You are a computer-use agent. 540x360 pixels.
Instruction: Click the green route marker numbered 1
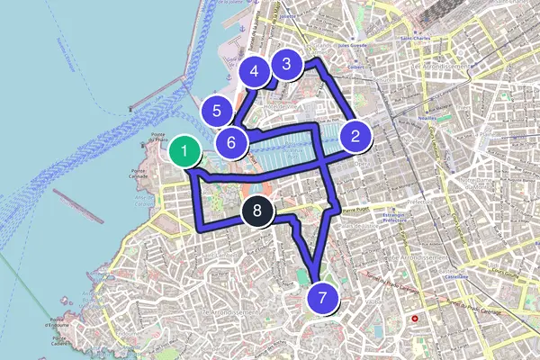click(184, 151)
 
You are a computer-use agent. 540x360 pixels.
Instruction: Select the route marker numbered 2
click(355, 137)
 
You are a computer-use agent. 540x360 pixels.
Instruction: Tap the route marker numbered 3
click(286, 64)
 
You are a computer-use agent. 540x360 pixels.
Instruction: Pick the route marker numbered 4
click(255, 71)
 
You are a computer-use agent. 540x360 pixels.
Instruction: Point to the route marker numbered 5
click(217, 112)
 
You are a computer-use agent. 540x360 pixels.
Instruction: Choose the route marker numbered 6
click(231, 142)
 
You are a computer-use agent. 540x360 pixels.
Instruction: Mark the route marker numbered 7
click(322, 296)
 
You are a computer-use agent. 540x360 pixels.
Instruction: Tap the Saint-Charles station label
click(418, 39)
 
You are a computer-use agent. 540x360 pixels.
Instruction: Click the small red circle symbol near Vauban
click(415, 319)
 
